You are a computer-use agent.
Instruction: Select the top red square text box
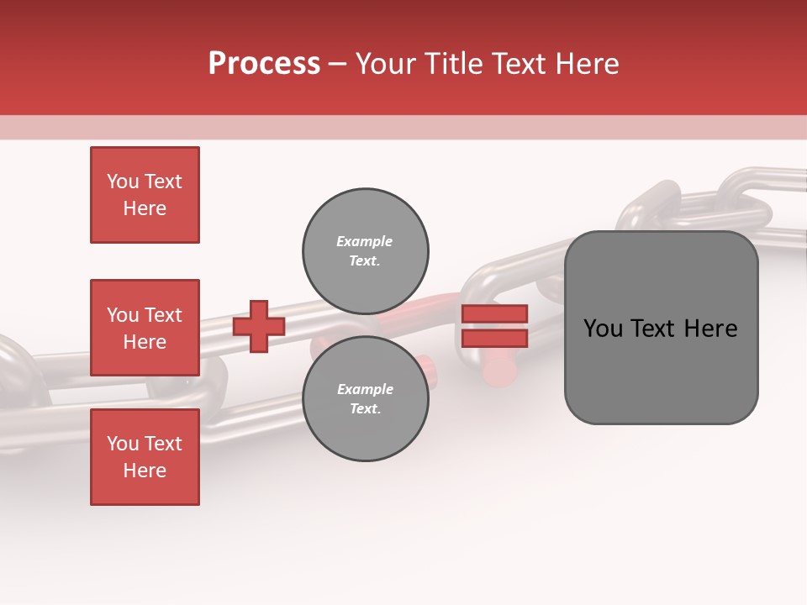[145, 195]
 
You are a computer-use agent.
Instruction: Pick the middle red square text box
[145, 328]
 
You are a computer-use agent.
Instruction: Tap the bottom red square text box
[145, 457]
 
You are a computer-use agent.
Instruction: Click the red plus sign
[259, 326]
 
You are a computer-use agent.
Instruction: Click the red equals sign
[494, 326]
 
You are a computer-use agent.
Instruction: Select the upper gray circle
[365, 250]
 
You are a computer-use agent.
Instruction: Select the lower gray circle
[365, 398]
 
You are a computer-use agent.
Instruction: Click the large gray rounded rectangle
[661, 328]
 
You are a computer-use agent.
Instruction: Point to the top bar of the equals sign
[494, 314]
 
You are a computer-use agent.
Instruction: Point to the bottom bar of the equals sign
[494, 338]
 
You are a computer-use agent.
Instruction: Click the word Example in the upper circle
[365, 241]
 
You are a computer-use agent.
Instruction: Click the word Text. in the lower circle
[365, 409]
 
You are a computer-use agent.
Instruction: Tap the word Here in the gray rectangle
[710, 329]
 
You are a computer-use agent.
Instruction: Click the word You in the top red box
[123, 181]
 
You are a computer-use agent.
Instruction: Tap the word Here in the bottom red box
[145, 471]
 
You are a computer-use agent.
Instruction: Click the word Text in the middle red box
[163, 315]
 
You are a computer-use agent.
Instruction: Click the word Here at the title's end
[586, 65]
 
